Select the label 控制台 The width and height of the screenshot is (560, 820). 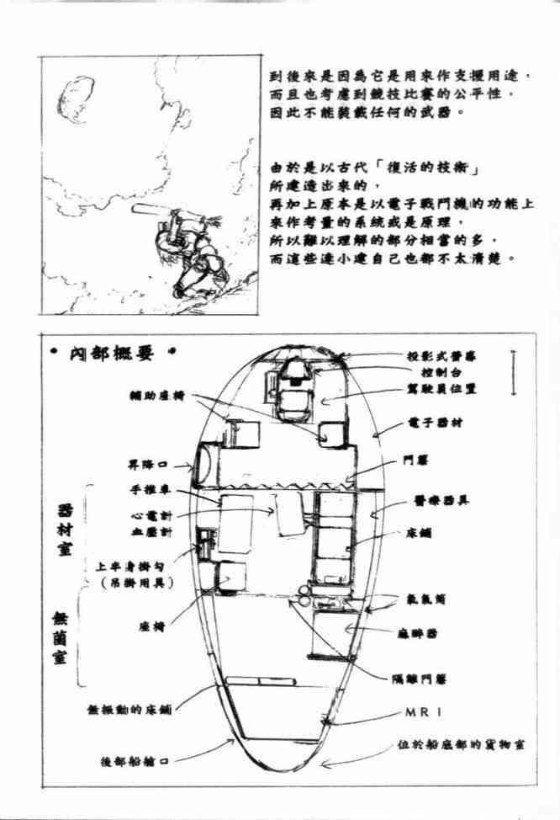point(443,371)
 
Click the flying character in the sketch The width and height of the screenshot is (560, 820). point(193,252)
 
